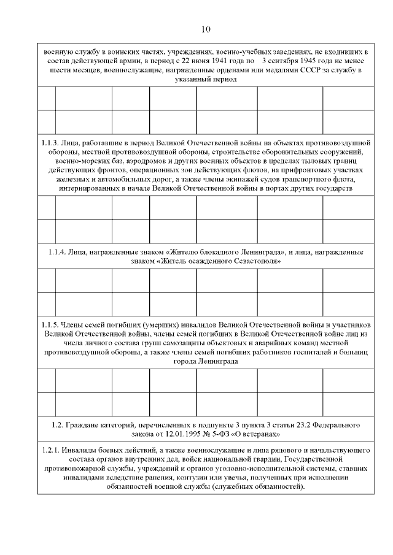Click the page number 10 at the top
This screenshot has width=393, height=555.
pos(206,29)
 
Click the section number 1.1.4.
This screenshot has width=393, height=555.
pos(60,252)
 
